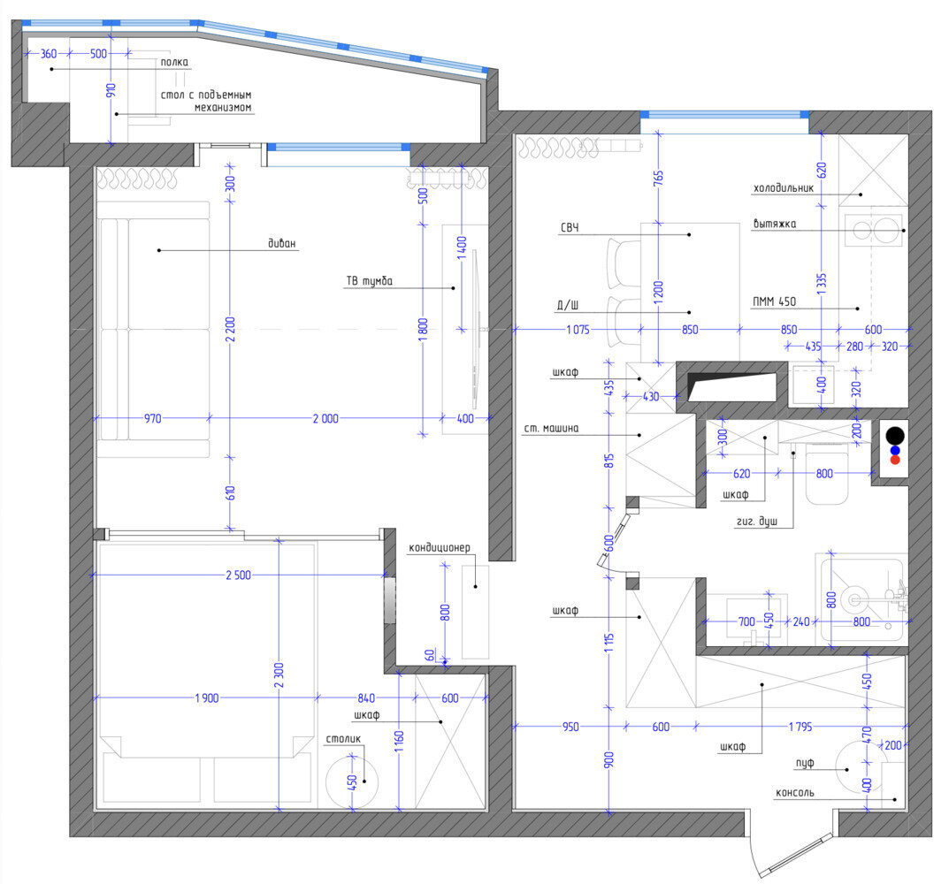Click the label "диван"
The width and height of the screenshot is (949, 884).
click(x=282, y=243)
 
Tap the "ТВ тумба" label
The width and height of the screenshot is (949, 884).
click(x=369, y=281)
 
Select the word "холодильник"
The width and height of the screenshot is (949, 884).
click(x=783, y=188)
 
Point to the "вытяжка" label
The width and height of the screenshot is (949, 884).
click(x=774, y=224)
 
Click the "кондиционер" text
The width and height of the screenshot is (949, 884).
click(x=440, y=547)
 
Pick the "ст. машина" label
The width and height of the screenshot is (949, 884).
click(x=551, y=429)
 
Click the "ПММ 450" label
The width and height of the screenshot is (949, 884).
click(x=774, y=301)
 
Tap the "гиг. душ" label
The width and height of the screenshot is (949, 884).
click(x=756, y=522)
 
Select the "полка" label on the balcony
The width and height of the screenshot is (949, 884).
click(x=174, y=62)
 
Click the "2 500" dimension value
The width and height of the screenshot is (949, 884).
click(x=239, y=575)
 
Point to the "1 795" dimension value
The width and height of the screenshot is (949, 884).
click(x=800, y=726)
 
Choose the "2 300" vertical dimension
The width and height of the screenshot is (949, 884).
click(x=279, y=675)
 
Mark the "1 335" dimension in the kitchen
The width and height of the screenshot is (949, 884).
click(x=822, y=284)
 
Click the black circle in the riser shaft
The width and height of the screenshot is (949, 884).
click(x=895, y=436)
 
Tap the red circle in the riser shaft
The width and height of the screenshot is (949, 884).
click(x=895, y=460)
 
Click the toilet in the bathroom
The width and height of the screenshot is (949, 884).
click(x=827, y=473)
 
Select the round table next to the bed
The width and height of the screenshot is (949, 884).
click(x=352, y=781)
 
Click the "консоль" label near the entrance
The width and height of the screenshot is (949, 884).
click(x=795, y=793)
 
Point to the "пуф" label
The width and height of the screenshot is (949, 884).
click(x=804, y=764)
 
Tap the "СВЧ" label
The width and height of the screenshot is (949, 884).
click(x=570, y=227)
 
